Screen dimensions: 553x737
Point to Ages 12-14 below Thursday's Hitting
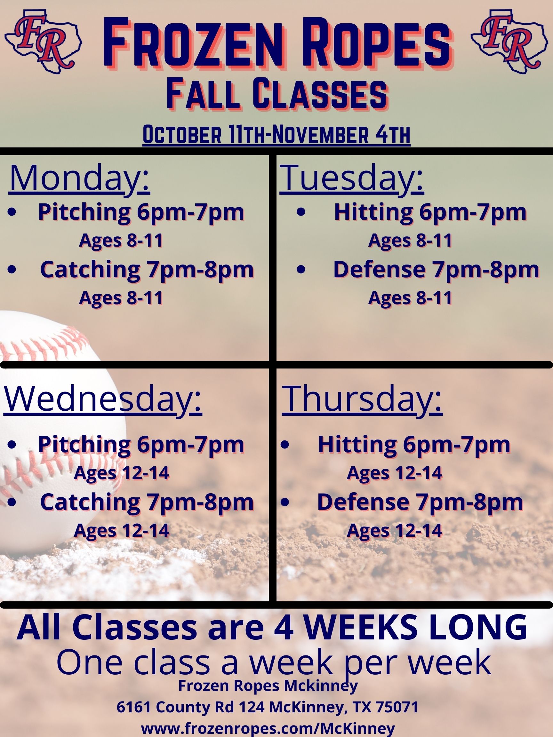pyautogui.click(x=395, y=473)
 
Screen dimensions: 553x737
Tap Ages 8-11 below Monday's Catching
pyautogui.click(x=121, y=298)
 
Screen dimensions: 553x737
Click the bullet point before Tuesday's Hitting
pyautogui.click(x=301, y=213)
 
